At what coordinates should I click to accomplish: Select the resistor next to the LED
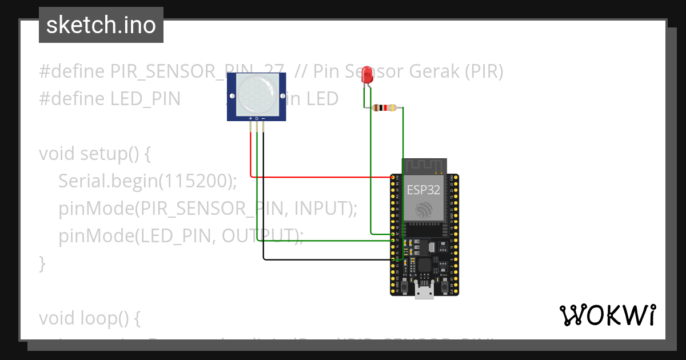pos(384,107)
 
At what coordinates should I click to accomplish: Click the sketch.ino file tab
pos(101,25)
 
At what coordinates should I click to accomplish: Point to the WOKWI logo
pos(607,315)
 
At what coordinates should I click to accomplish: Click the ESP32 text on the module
pos(423,190)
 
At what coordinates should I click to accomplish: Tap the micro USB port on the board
pos(424,293)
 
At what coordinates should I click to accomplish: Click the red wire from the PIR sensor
pos(320,177)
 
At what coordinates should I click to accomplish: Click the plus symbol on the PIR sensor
pos(250,118)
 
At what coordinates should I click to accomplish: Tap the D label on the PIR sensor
pos(257,118)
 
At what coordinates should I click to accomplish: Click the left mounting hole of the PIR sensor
pos(232,95)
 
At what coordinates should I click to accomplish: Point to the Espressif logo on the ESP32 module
pos(424,210)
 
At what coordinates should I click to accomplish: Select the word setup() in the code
pos(109,154)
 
